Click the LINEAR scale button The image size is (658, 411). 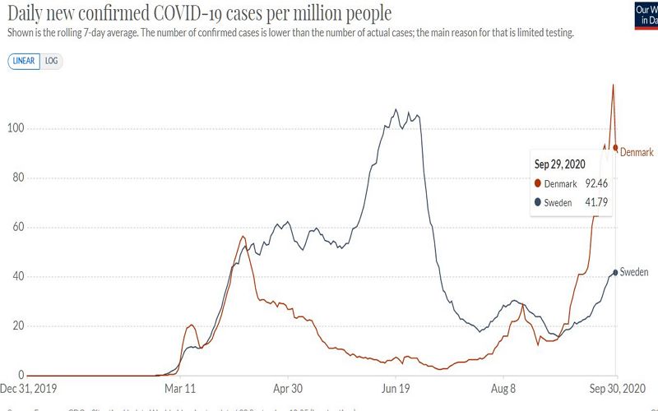[23, 61]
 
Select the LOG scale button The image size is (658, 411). [52, 61]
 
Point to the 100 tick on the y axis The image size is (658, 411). [15, 129]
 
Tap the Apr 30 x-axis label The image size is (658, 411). [287, 388]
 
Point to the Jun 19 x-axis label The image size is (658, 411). [396, 388]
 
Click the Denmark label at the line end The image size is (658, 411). [636, 153]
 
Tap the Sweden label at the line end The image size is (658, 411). [634, 272]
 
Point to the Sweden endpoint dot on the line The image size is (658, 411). [615, 273]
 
